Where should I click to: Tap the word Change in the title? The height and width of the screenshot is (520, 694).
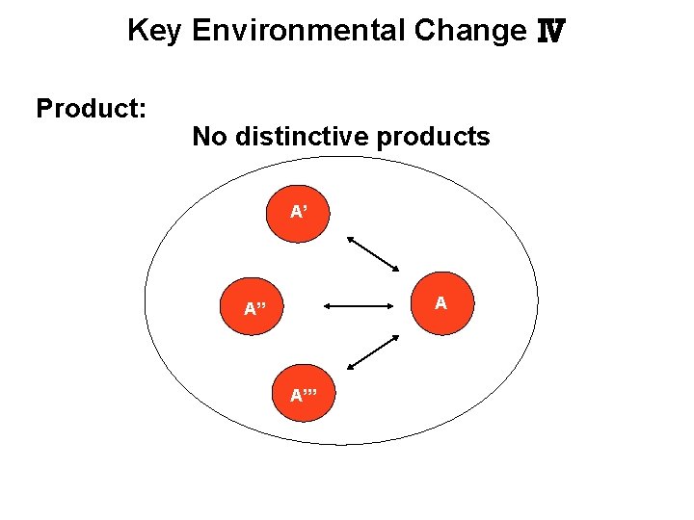click(x=469, y=32)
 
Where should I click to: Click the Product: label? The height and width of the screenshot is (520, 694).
click(x=91, y=108)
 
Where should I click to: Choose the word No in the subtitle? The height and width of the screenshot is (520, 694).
click(x=210, y=137)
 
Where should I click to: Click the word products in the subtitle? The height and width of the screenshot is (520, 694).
click(x=434, y=137)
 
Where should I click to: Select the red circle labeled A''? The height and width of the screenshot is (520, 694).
click(x=254, y=308)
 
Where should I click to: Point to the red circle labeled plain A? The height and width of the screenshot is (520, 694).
click(x=440, y=303)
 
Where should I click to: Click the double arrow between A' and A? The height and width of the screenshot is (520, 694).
click(x=373, y=254)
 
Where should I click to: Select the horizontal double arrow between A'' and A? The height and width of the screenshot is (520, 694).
click(x=362, y=308)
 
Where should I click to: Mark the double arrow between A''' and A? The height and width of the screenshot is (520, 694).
click(x=373, y=352)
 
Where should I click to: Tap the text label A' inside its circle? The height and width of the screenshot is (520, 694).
click(x=300, y=211)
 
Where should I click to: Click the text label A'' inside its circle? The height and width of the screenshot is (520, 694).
click(x=254, y=309)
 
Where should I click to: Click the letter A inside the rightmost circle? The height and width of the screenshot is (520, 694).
click(x=440, y=303)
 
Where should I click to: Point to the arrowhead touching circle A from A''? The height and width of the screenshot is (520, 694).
click(x=396, y=308)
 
